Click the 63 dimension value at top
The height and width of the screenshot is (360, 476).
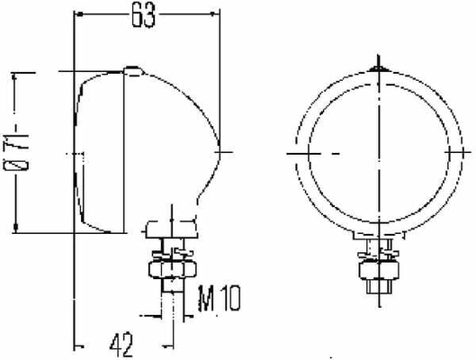pos(143,15)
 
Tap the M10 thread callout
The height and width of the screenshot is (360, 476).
pos(219,299)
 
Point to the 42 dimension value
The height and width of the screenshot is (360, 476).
pos(121,345)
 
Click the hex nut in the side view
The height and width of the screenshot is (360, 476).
pos(173,269)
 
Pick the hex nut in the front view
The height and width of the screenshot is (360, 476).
pos(379,270)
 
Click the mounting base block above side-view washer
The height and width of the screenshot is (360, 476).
pos(172,229)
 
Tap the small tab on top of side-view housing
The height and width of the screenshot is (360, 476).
pos(133,70)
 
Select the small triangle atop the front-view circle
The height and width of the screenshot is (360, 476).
pos(378,69)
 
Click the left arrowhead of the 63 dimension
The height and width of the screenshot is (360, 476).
pos(79,14)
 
